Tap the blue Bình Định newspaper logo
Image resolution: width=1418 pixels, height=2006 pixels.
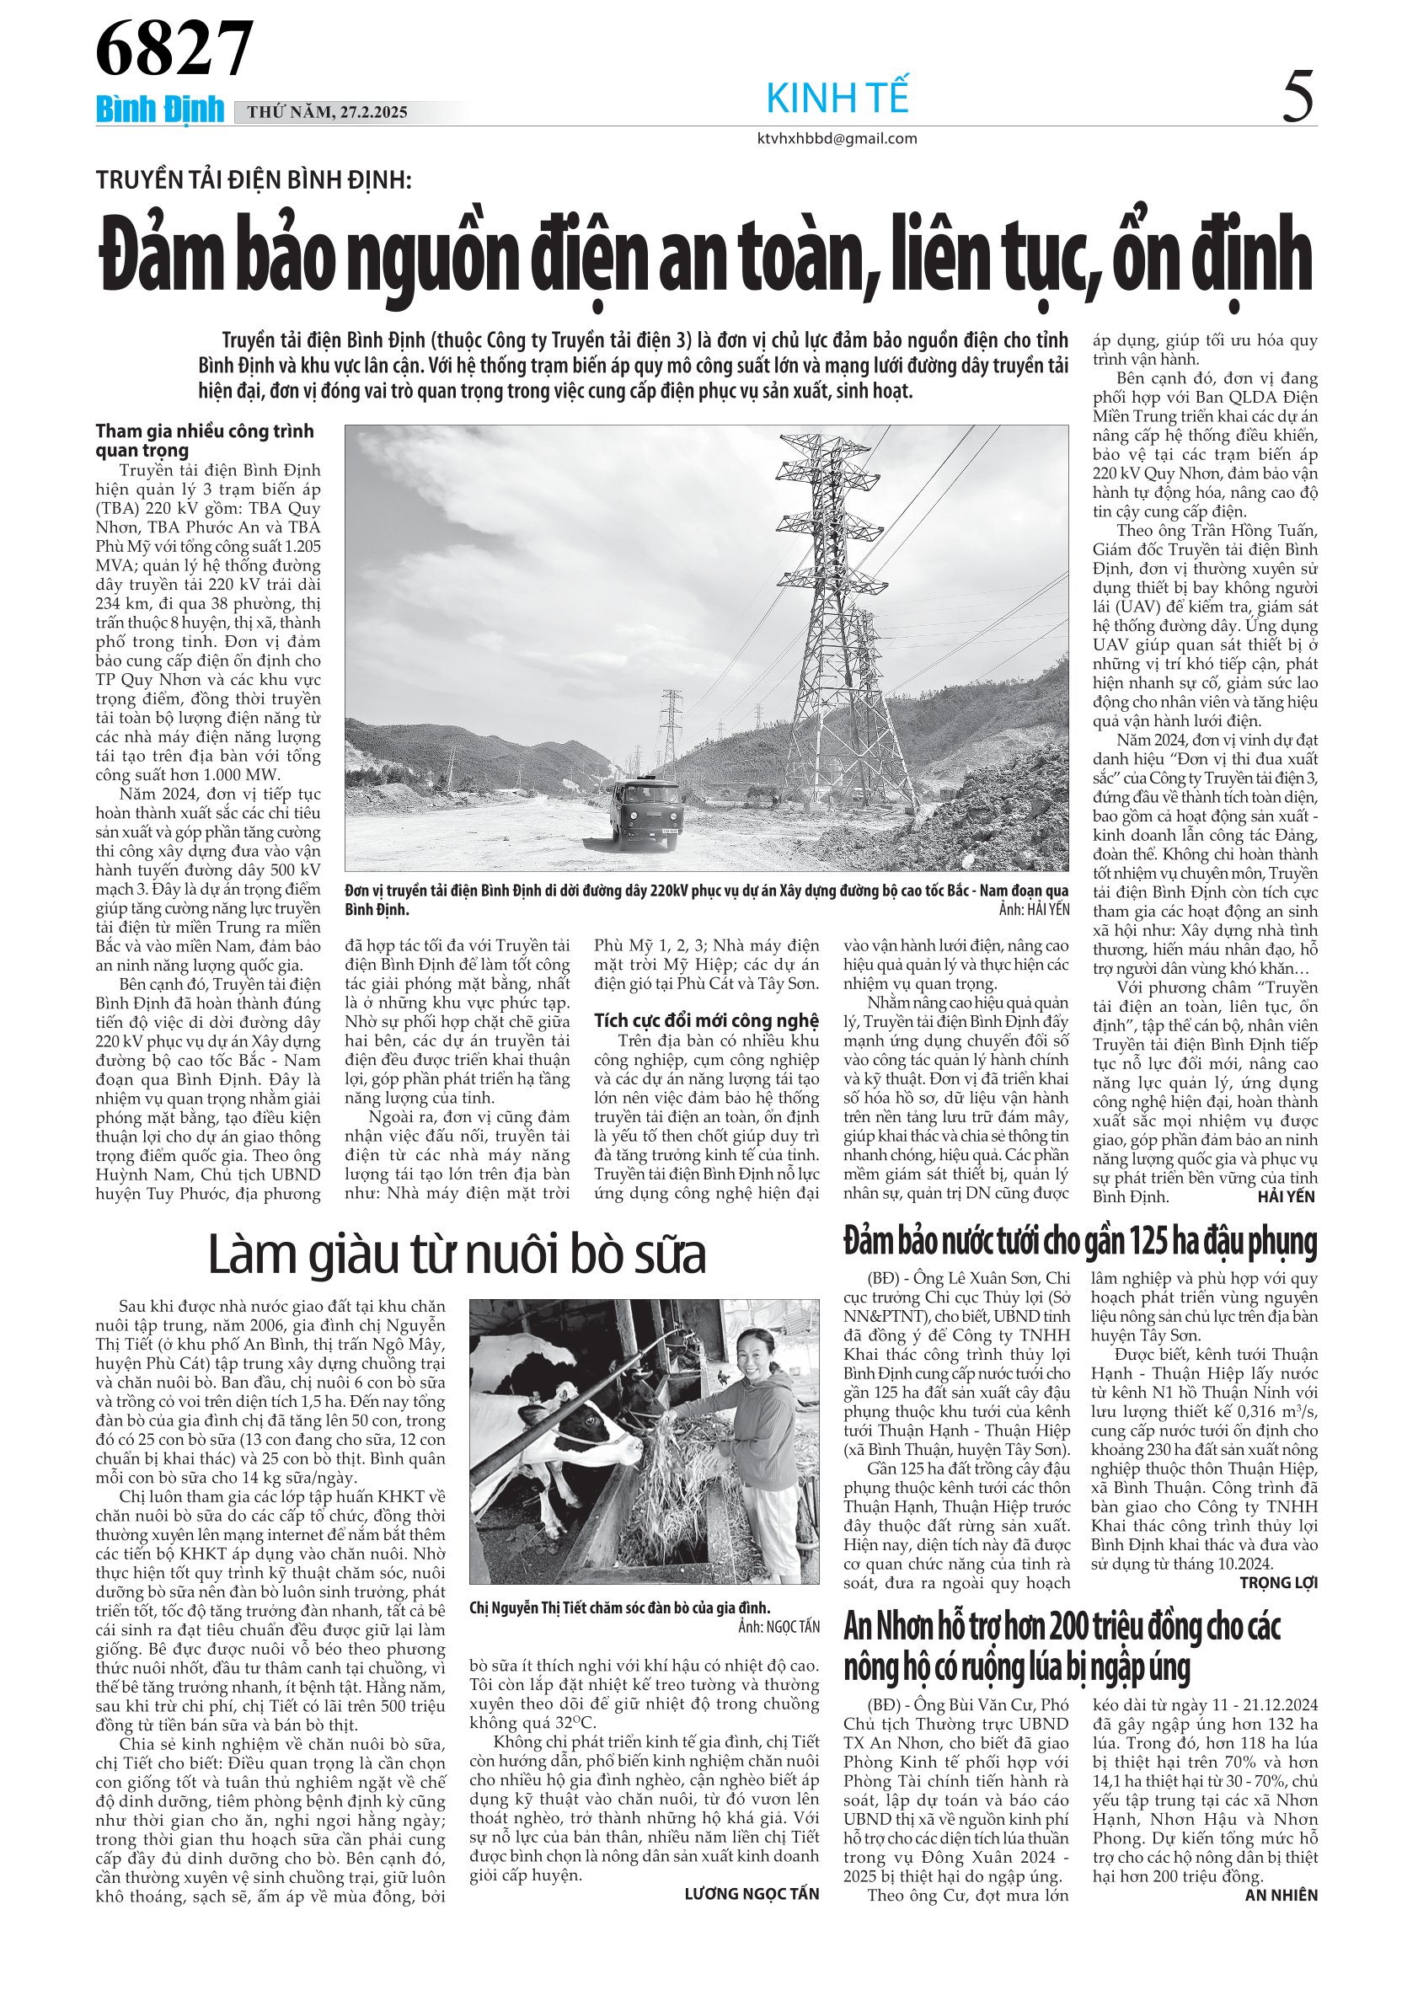[160, 110]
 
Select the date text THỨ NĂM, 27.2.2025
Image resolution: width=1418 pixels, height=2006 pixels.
[328, 112]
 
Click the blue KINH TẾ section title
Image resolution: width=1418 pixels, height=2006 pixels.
[837, 98]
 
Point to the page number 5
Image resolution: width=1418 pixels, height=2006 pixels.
[1298, 98]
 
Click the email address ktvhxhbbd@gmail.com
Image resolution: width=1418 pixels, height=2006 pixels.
[837, 138]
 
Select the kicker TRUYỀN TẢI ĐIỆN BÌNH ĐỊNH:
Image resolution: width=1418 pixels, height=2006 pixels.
[254, 180]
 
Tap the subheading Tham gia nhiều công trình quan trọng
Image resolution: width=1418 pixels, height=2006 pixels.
[205, 441]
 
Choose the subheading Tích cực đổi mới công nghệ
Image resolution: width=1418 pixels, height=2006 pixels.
[707, 1020]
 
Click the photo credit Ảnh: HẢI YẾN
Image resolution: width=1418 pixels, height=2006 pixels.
[1035, 910]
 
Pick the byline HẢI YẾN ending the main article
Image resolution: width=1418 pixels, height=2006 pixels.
[1286, 1197]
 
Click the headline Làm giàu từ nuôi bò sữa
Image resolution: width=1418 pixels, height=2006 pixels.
[457, 1254]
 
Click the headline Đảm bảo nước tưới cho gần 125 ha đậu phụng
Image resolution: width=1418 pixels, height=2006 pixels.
[1080, 1242]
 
